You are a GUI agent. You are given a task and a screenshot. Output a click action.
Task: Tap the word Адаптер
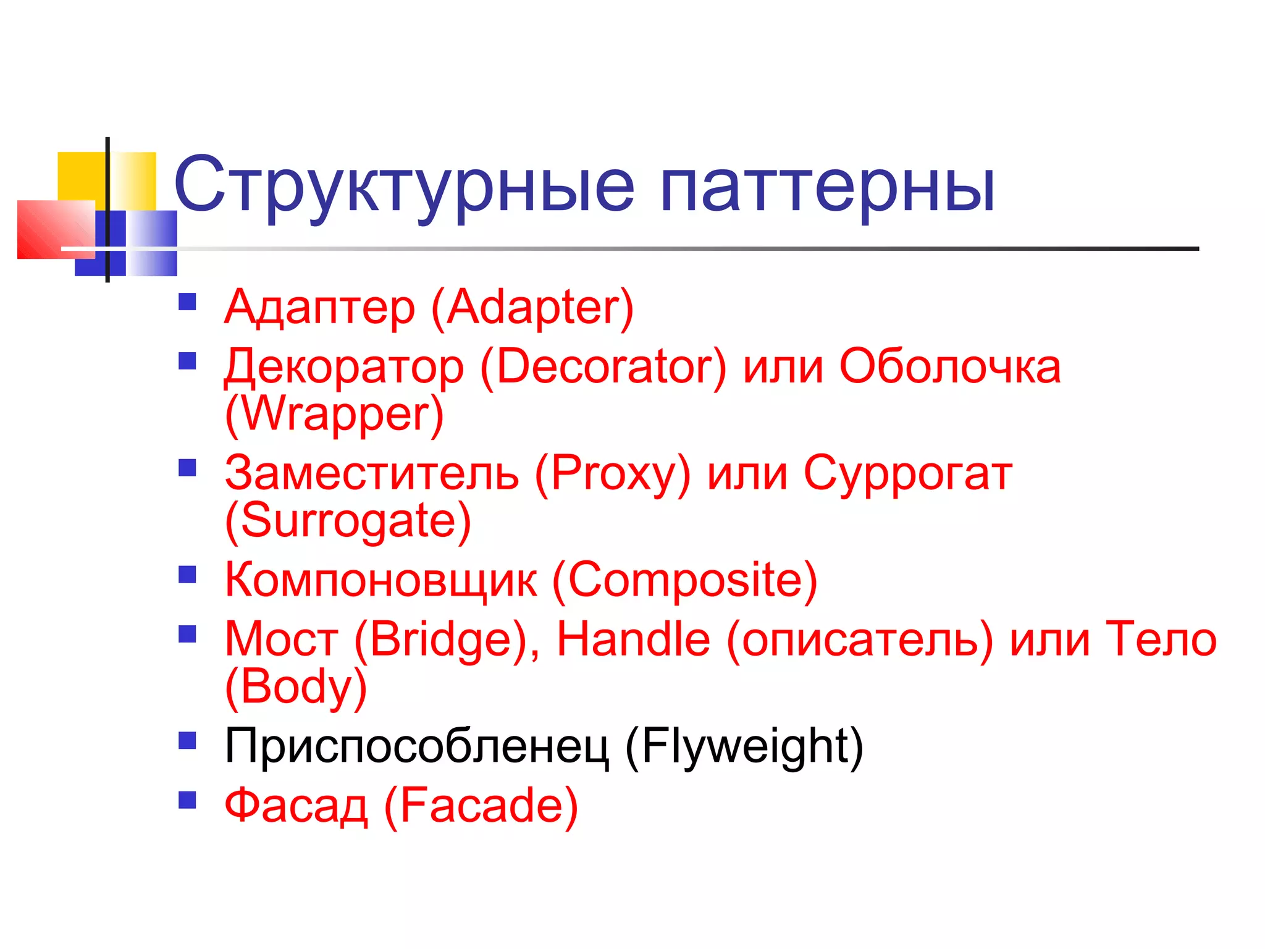pos(319,307)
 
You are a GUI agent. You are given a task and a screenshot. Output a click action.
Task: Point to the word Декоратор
pos(343,367)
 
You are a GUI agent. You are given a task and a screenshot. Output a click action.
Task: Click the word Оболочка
pos(949,366)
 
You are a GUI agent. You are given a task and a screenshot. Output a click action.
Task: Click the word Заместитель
pos(371,473)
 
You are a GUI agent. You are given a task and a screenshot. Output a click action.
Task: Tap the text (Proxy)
pos(612,473)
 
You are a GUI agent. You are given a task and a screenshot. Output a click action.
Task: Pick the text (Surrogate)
pos(348,521)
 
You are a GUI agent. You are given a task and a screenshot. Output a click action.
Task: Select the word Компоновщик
pos(380,580)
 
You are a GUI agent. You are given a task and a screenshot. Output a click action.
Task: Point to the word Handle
pos(633,639)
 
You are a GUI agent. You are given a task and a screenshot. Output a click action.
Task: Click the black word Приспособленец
pos(416,746)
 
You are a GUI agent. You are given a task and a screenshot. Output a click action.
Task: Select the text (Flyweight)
pos(744,746)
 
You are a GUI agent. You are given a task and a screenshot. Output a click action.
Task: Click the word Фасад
pos(296,806)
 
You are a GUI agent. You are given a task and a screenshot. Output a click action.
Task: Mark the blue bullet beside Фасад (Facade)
pos(187,800)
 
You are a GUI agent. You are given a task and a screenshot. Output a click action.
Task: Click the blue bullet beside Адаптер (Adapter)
pos(187,302)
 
